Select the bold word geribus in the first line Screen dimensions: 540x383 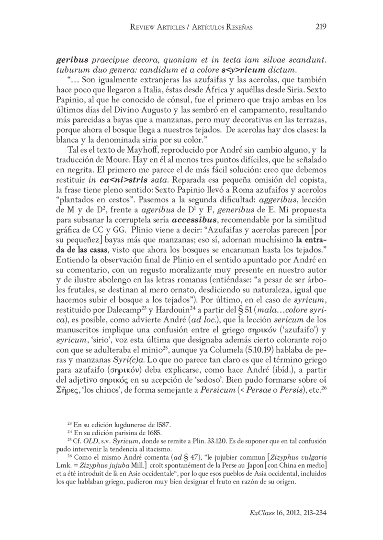click(72, 61)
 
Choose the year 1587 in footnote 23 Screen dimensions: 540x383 click(162, 424)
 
